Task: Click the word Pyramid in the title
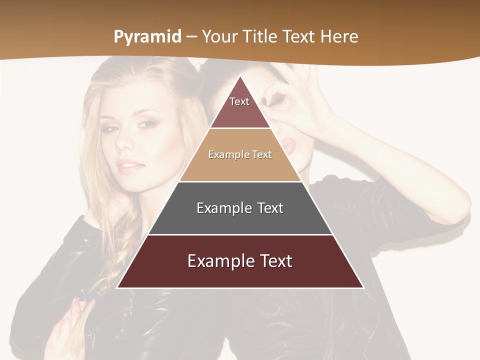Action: pos(147,37)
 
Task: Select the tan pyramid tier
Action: pos(240,155)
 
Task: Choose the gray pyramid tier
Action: pos(240,208)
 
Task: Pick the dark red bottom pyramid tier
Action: pos(240,261)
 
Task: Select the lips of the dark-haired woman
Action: pos(289,145)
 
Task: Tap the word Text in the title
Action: pos(299,36)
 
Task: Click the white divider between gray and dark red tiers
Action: pos(240,234)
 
